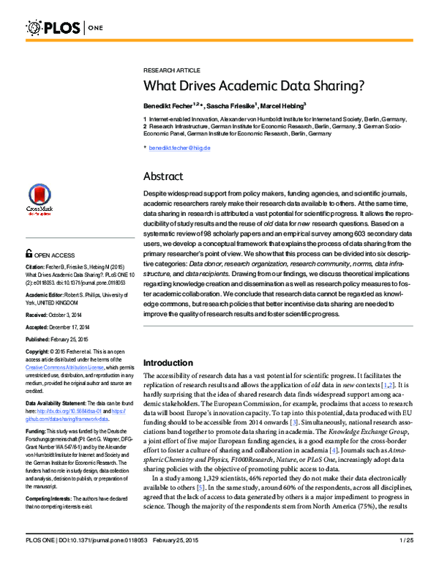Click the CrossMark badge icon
40,197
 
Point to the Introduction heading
172,362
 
